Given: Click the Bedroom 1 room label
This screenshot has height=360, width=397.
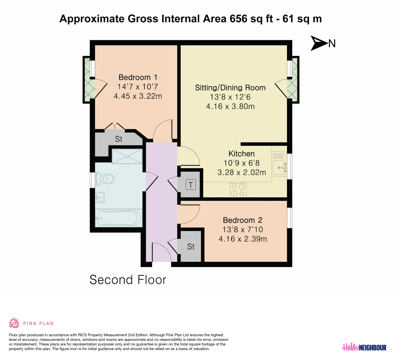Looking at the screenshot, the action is pyautogui.click(x=138, y=77).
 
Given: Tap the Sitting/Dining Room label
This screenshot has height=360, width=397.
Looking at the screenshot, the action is pyautogui.click(x=230, y=88).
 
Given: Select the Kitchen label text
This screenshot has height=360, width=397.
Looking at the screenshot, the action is pyautogui.click(x=241, y=154).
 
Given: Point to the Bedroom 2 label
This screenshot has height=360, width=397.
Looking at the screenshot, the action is pyautogui.click(x=243, y=220).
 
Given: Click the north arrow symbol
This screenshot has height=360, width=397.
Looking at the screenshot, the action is pyautogui.click(x=318, y=43).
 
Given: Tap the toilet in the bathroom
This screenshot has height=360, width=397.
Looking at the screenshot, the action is pyautogui.click(x=105, y=179).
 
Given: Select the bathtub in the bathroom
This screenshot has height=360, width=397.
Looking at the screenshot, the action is pyautogui.click(x=119, y=218).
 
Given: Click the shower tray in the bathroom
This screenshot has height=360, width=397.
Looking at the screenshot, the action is pyautogui.click(x=127, y=156).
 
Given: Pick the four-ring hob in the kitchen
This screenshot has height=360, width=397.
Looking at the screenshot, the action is pyautogui.click(x=238, y=190).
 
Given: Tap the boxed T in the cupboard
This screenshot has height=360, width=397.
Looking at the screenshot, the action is pyautogui.click(x=191, y=185).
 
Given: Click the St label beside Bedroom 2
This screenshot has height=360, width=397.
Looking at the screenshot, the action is pyautogui.click(x=191, y=246).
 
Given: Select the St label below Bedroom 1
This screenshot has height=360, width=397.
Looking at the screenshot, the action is pyautogui.click(x=119, y=139).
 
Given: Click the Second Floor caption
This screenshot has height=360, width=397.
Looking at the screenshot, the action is pyautogui.click(x=128, y=280).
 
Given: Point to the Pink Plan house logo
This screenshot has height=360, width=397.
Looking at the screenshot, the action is pyautogui.click(x=14, y=323).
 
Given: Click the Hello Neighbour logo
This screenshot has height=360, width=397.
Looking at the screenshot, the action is pyautogui.click(x=364, y=347).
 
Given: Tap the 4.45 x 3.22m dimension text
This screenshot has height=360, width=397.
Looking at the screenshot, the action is pyautogui.click(x=138, y=96).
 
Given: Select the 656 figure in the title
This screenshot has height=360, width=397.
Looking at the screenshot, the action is pyautogui.click(x=238, y=19).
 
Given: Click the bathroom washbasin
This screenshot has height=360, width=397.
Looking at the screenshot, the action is pyautogui.click(x=100, y=197).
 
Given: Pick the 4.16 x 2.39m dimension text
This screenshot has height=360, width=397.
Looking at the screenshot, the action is pyautogui.click(x=243, y=239).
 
